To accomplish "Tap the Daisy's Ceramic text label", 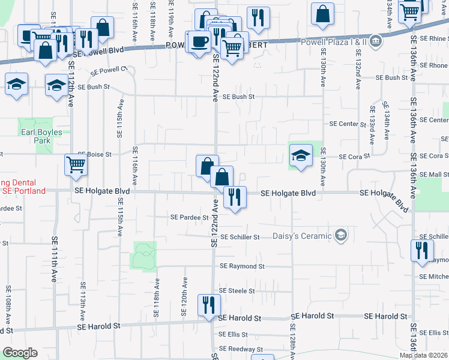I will coord(301,236).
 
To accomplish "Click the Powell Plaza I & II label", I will coord(336,41).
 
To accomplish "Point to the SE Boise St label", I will coord(94,154).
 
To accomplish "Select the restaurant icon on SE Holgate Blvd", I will coord(234,196).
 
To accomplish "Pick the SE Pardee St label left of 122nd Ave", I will coord(188,217).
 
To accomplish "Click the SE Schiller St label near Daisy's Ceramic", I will coord(240,237).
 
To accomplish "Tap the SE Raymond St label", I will coord(242,266).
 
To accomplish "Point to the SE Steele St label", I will coord(237,291).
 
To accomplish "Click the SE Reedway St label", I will coord(240,349).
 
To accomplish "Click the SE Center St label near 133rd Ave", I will coord(348,124).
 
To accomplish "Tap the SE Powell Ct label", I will coord(110,70).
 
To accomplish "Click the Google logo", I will coord(20,353).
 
